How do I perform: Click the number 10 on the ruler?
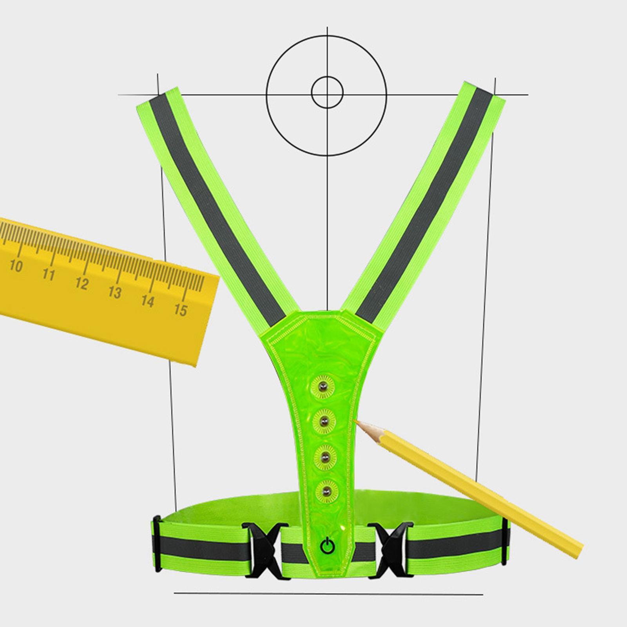click(x=16, y=266)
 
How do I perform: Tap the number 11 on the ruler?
click(x=49, y=274)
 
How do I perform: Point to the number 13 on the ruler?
click(x=114, y=292)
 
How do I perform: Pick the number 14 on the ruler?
click(x=147, y=301)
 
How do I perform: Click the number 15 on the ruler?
click(x=180, y=310)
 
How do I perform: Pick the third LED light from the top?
click(x=325, y=455)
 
